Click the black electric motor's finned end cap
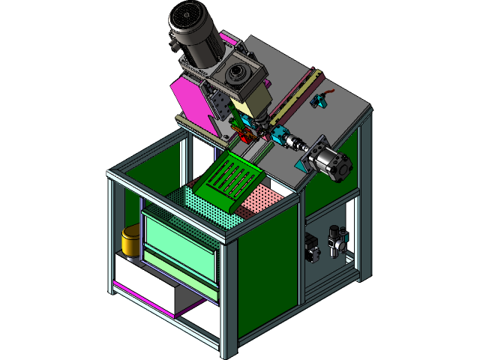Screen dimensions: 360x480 pyautogui.click(x=186, y=19)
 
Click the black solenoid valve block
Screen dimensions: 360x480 pyautogui.click(x=311, y=247)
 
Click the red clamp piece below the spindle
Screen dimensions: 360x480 pyautogui.click(x=244, y=136)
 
